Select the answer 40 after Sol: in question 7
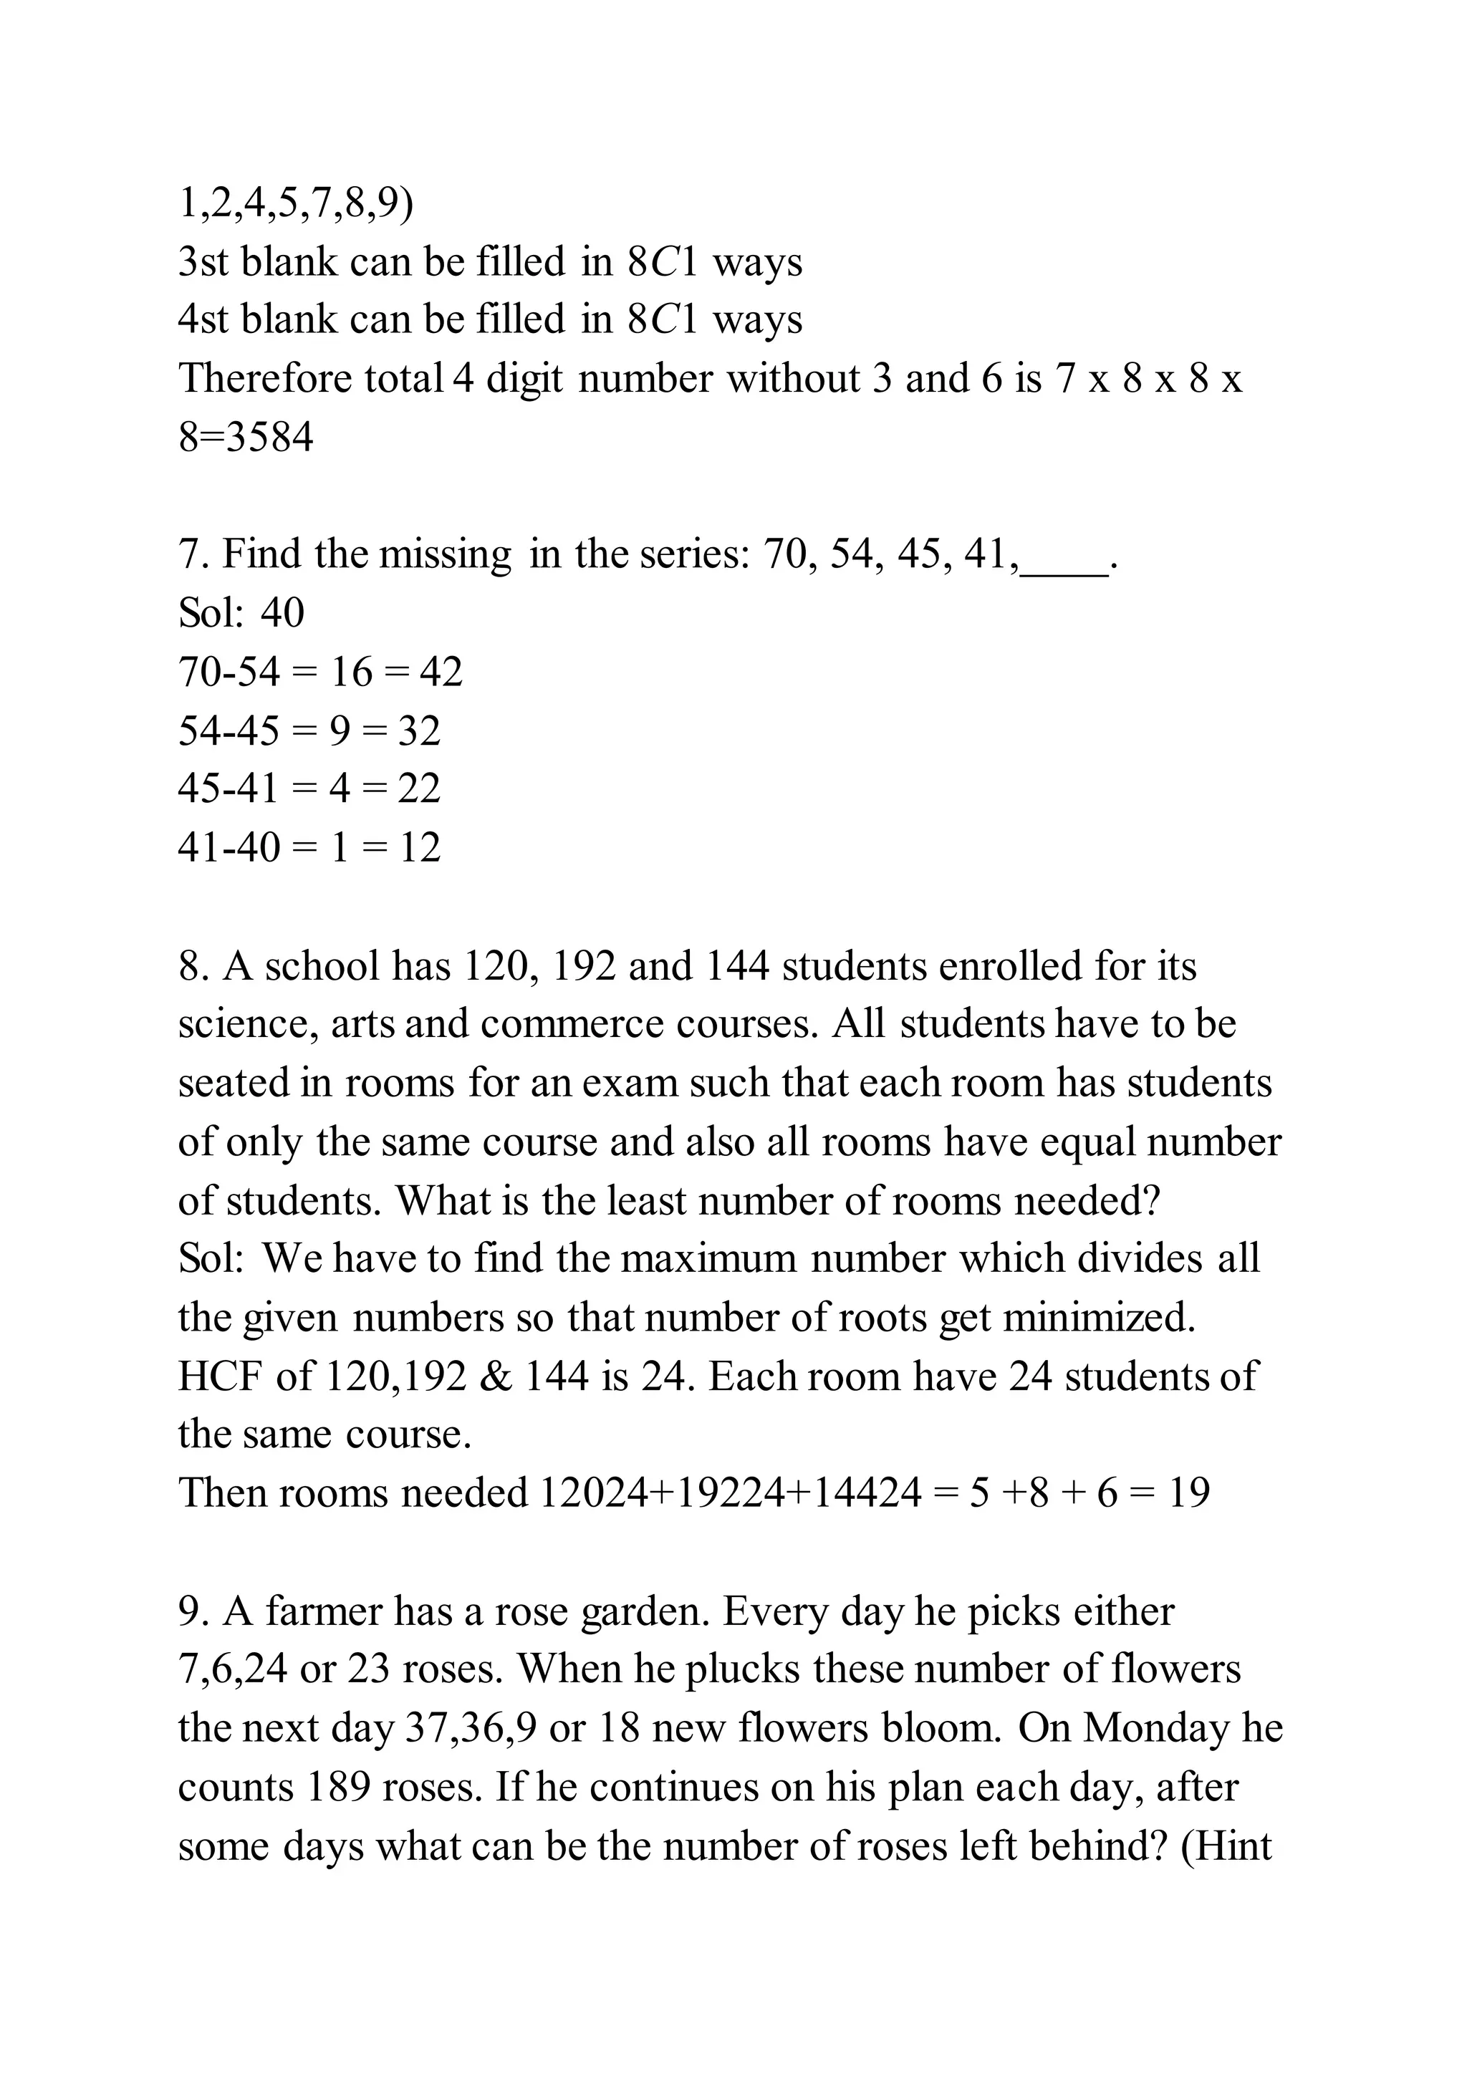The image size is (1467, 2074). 283,613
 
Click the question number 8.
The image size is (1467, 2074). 193,968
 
